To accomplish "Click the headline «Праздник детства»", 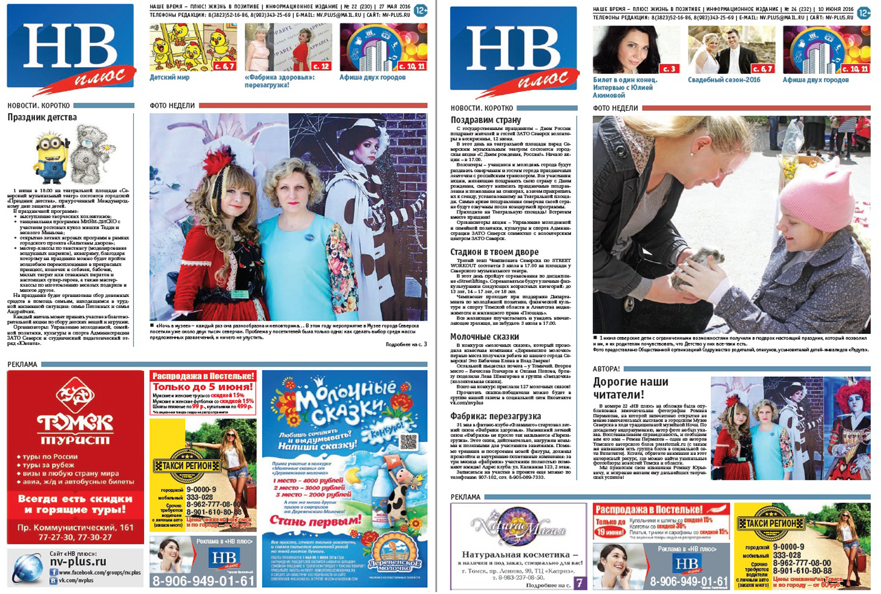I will (42, 117).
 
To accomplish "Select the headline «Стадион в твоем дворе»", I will (494, 252).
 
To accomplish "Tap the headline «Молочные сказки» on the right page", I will (485, 336).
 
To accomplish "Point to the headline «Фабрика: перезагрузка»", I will (496, 416).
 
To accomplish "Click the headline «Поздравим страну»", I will (486, 120).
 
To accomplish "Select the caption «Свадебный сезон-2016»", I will (724, 80).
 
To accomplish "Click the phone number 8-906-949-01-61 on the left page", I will (203, 581).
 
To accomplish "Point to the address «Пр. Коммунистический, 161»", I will (76, 527).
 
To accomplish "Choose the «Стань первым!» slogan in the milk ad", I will (315, 520).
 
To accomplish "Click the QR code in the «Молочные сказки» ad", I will (408, 442).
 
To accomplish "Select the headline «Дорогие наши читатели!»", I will (630, 388).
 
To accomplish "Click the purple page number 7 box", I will (580, 583).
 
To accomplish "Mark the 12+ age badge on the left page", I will (421, 10).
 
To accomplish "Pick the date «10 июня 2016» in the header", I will (836, 10).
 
